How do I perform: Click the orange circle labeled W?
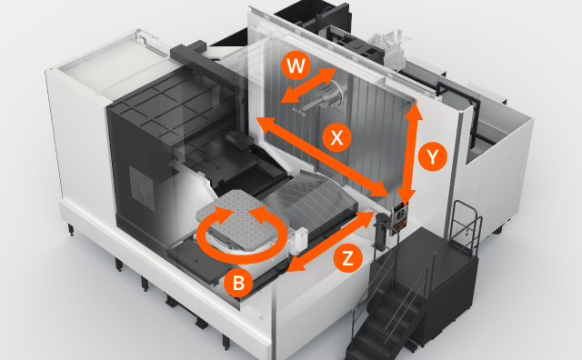pos(294,65)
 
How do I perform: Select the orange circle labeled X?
pos(337,137)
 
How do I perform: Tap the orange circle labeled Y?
pos(433,156)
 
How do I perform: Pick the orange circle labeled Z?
pos(346,258)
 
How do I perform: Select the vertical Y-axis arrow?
pos(410,155)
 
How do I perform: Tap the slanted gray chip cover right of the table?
pos(314,195)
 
